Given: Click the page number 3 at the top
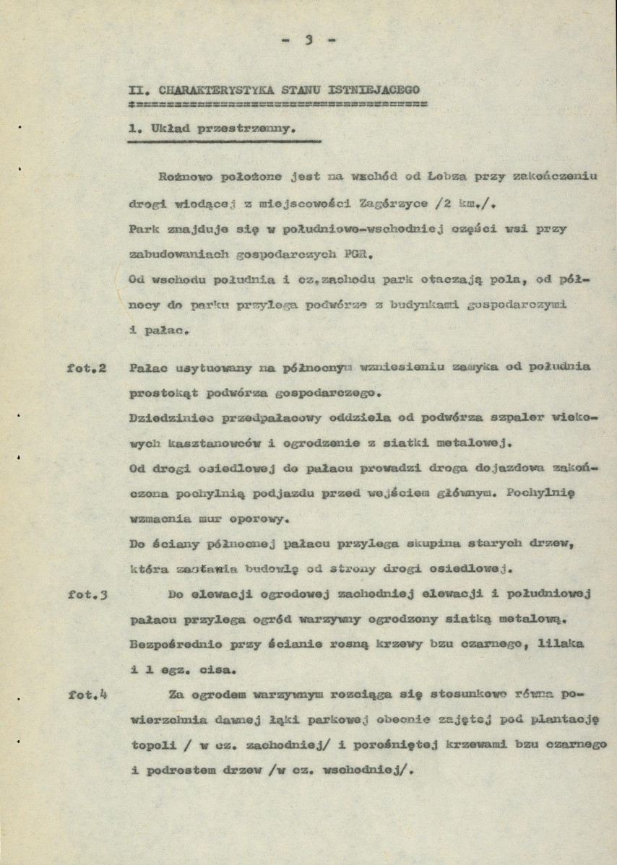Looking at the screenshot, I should point(308,42).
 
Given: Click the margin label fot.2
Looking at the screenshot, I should point(85,368).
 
